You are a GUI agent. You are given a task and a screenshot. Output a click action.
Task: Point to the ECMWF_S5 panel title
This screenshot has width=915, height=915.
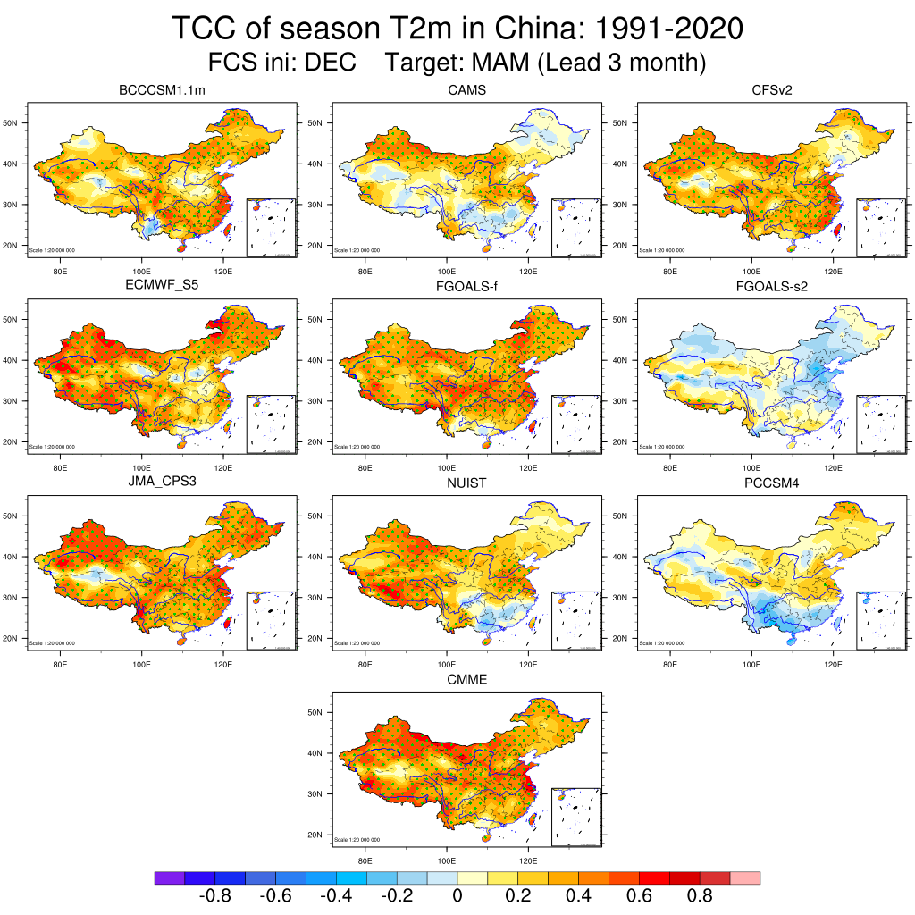(x=162, y=287)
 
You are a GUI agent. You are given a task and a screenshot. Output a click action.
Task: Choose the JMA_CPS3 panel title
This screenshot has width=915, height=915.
(x=162, y=483)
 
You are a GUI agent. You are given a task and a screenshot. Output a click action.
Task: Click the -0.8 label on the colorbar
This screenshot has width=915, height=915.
(x=214, y=896)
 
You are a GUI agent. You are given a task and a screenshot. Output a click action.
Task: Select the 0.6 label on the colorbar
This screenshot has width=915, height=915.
(x=640, y=896)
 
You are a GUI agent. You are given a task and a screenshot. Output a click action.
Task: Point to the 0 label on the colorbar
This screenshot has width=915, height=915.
(x=457, y=896)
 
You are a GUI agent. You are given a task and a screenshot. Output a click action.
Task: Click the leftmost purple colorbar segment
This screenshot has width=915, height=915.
(x=170, y=878)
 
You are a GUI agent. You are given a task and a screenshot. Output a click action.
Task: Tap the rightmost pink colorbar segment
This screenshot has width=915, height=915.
(x=745, y=878)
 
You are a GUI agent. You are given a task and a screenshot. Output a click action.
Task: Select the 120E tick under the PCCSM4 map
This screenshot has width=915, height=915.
(x=834, y=665)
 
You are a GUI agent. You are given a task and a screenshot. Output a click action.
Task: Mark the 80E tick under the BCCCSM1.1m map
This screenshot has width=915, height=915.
(x=61, y=272)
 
